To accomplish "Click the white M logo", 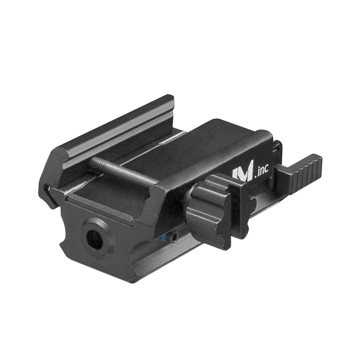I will (243, 173).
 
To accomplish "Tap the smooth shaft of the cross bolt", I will (126, 173).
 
